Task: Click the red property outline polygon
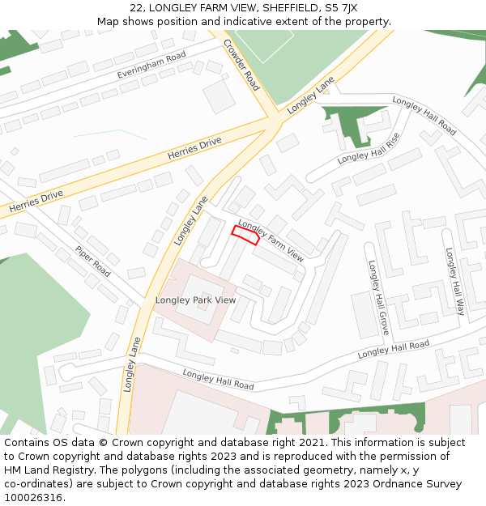(x=245, y=235)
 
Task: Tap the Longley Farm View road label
(x=271, y=241)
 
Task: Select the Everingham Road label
(x=151, y=65)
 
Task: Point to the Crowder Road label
(x=241, y=65)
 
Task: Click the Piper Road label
(x=92, y=262)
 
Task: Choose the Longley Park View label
(x=195, y=300)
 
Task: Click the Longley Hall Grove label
(x=378, y=298)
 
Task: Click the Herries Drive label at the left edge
(x=36, y=202)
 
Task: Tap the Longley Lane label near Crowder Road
(x=310, y=94)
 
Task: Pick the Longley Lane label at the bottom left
(x=133, y=365)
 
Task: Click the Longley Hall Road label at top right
(x=424, y=116)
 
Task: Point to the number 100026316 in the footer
(x=33, y=497)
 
